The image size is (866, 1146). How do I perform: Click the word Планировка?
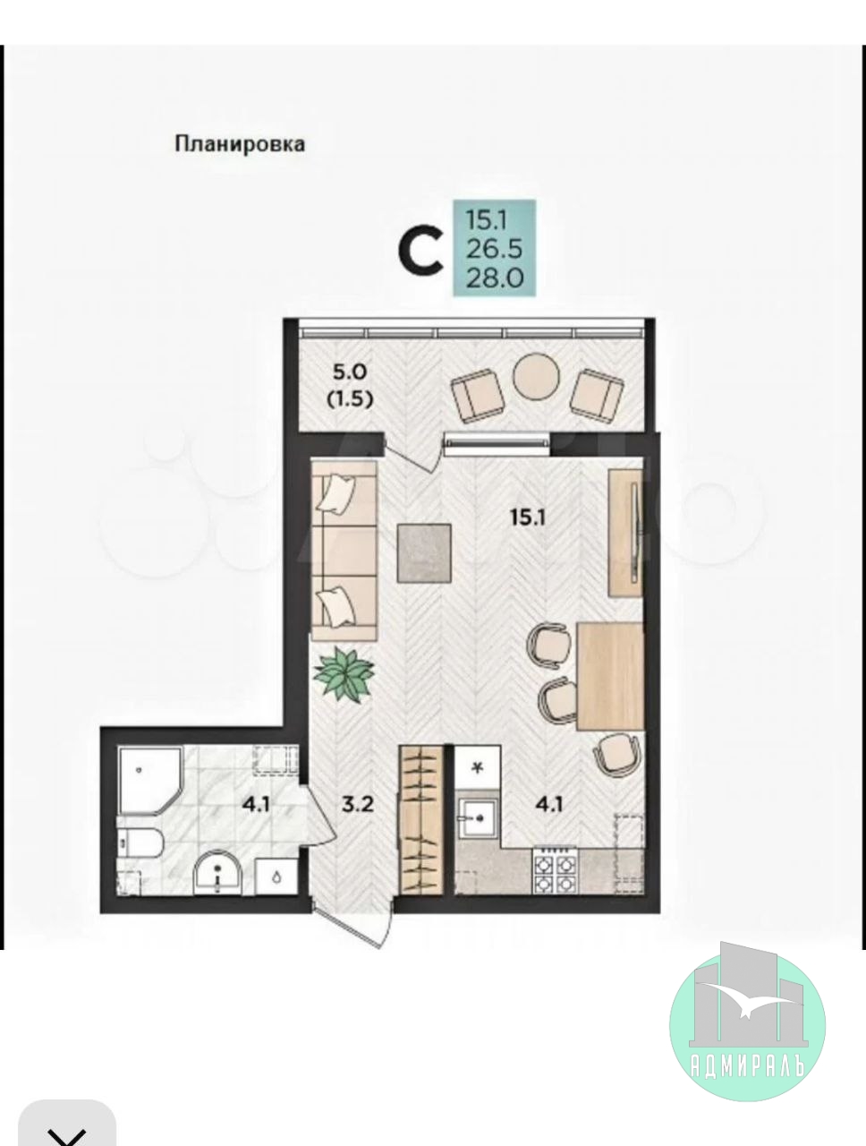[x=240, y=144]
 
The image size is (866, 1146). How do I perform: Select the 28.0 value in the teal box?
[x=495, y=278]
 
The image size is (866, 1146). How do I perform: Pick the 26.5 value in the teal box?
[x=494, y=250]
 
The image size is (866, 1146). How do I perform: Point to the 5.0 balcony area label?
[x=350, y=372]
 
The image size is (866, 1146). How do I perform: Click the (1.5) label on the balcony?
[x=350, y=399]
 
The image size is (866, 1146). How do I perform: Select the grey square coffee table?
[x=424, y=553]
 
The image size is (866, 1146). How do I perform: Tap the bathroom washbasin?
[x=217, y=871]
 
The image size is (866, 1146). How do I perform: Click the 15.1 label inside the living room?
[x=528, y=518]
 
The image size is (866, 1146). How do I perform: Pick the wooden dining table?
[x=610, y=676]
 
